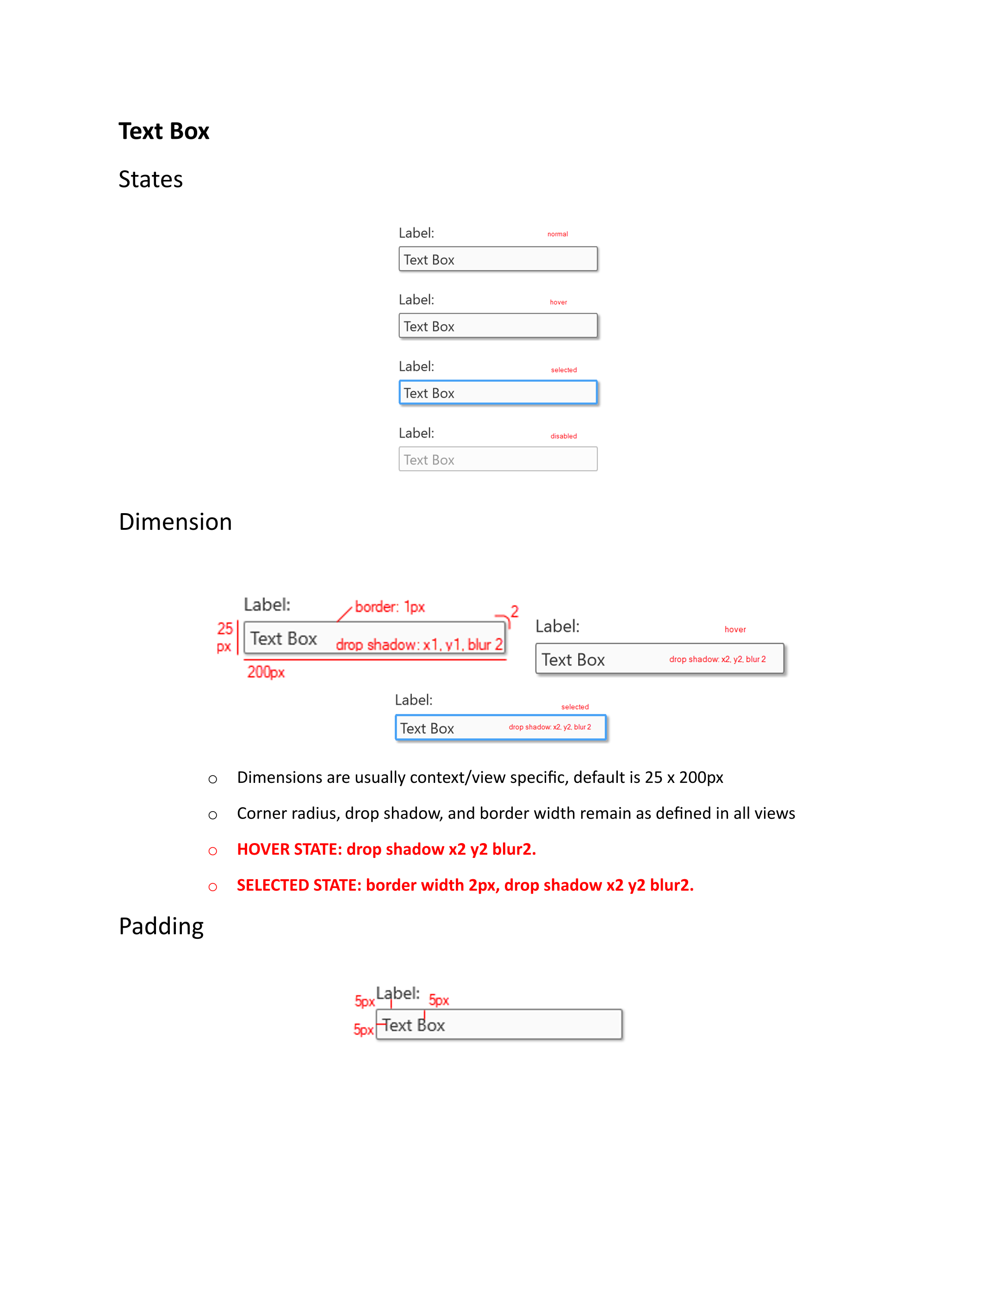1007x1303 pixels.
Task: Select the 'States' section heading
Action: pos(150,179)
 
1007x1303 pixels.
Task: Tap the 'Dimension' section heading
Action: pos(175,522)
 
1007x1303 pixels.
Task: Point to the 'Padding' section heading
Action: pos(161,926)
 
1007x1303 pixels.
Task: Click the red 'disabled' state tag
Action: pos(563,436)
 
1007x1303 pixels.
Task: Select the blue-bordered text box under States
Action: pos(497,392)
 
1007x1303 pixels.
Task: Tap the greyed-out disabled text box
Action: pos(497,459)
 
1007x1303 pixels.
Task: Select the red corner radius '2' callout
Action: pos(514,612)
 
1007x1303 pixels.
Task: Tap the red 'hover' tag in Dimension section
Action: pos(735,629)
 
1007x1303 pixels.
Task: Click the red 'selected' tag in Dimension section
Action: pos(574,707)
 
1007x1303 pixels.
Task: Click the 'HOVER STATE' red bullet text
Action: pos(386,849)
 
